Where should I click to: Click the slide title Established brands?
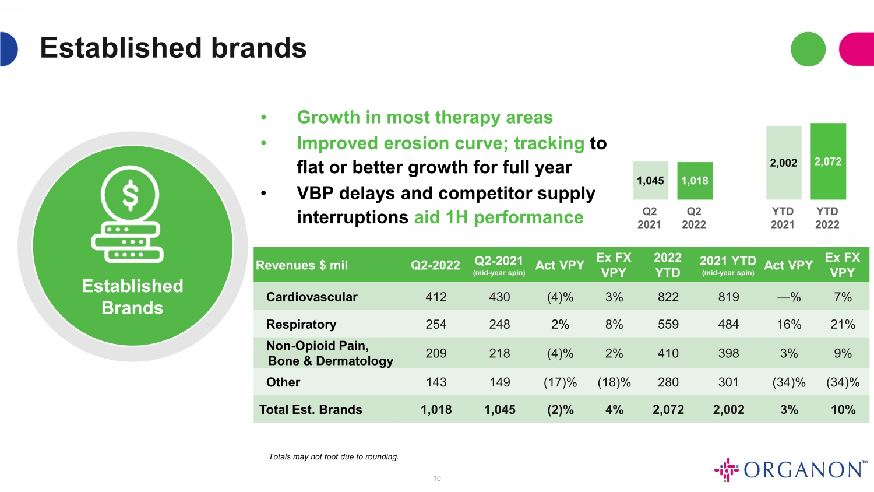pos(173,48)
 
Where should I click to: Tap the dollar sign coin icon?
pos(130,194)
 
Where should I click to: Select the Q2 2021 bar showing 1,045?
pos(650,180)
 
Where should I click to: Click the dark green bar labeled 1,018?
pos(695,181)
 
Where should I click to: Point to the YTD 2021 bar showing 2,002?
pos(784,163)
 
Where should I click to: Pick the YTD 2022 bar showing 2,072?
pos(828,161)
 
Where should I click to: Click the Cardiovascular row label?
pos(312,297)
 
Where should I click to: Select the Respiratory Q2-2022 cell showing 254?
pos(436,324)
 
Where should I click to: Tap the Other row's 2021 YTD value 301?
pos(728,382)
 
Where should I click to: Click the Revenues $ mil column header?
pos(302,265)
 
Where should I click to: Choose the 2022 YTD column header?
pos(668,265)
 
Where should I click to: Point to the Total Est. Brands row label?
pos(311,410)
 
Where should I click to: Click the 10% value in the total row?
pos(843,410)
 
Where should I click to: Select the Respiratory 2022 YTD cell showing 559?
pos(668,324)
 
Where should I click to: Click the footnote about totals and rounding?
pos(334,456)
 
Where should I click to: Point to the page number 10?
pos(436,479)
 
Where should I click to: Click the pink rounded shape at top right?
pos(857,49)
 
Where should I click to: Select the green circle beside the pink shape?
pos(808,49)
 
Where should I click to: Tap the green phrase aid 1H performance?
pos(499,217)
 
